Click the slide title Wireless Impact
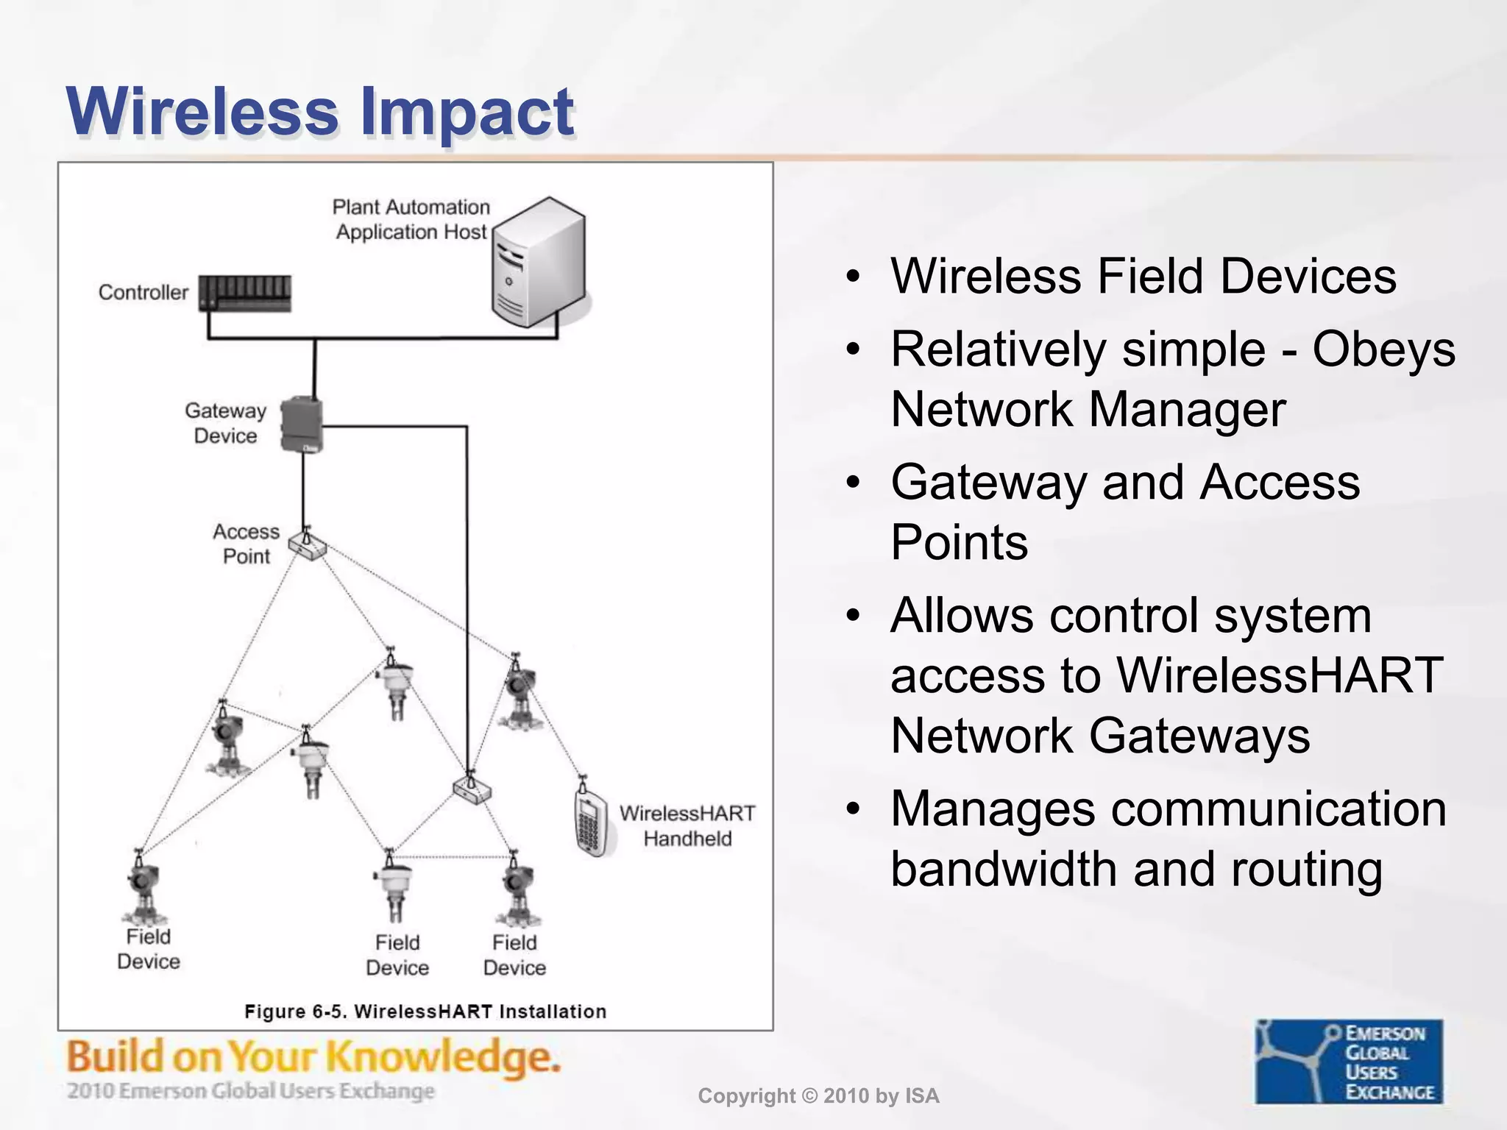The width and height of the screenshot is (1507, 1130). (319, 112)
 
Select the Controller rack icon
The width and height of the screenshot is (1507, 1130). (246, 293)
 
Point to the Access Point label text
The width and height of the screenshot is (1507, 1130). (246, 544)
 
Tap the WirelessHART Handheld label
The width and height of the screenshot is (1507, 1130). (687, 825)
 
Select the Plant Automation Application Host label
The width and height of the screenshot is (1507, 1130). (411, 219)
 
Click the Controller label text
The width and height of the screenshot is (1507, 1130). (143, 293)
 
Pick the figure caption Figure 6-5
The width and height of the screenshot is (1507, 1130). (425, 1012)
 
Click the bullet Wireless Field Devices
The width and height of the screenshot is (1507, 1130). (1143, 277)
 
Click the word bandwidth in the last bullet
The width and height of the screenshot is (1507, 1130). (1005, 869)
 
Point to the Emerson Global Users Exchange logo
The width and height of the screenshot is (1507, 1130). (1349, 1061)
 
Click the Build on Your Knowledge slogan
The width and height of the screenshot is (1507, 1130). (313, 1058)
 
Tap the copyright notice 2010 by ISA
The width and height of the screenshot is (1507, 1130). (818, 1096)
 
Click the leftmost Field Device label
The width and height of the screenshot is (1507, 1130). (148, 949)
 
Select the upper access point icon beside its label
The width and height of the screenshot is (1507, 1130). (308, 544)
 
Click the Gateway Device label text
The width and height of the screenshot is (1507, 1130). (225, 423)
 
